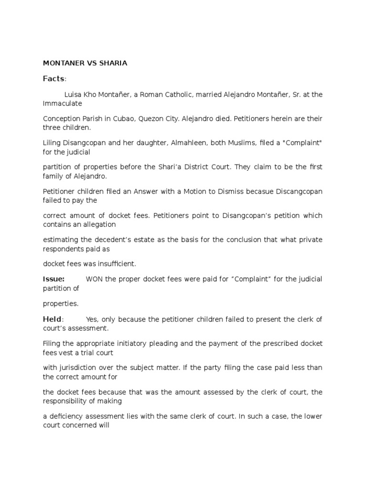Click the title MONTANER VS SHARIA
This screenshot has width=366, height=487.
point(85,63)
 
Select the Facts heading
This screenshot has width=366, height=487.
point(53,78)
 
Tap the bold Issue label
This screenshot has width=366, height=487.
point(53,279)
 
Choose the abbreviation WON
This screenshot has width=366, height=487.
point(94,279)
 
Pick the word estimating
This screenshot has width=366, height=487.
point(62,240)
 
